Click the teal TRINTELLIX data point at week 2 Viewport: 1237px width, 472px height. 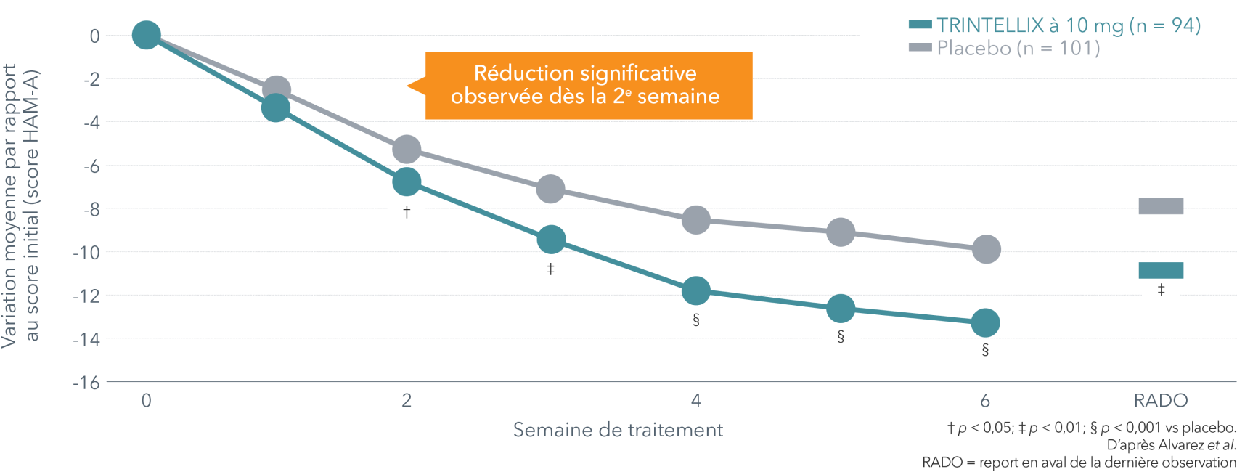pyautogui.click(x=407, y=182)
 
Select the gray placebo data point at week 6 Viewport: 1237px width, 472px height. pyautogui.click(x=986, y=250)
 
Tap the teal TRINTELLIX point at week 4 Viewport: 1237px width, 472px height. pyautogui.click(x=696, y=290)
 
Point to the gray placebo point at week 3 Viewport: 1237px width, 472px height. pyautogui.click(x=550, y=190)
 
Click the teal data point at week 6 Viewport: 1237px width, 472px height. pyautogui.click(x=985, y=322)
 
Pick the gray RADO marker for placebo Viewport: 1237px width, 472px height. pyautogui.click(x=1161, y=206)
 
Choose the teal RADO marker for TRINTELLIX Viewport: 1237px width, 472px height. pyautogui.click(x=1161, y=271)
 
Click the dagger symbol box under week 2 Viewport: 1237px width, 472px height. pyautogui.click(x=407, y=213)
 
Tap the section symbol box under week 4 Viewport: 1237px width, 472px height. pyautogui.click(x=696, y=321)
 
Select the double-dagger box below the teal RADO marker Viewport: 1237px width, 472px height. pyautogui.click(x=1161, y=291)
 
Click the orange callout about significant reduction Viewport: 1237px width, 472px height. pyautogui.click(x=588, y=85)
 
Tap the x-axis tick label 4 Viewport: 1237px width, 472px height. pyautogui.click(x=696, y=400)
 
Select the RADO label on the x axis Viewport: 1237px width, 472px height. pyautogui.click(x=1161, y=401)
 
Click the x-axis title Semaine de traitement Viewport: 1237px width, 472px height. pyautogui.click(x=618, y=430)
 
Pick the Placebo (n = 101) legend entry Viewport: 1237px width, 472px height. pyautogui.click(x=1005, y=48)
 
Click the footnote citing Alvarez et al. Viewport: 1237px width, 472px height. pyautogui.click(x=1170, y=444)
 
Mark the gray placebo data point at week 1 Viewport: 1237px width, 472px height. pyautogui.click(x=276, y=91)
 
